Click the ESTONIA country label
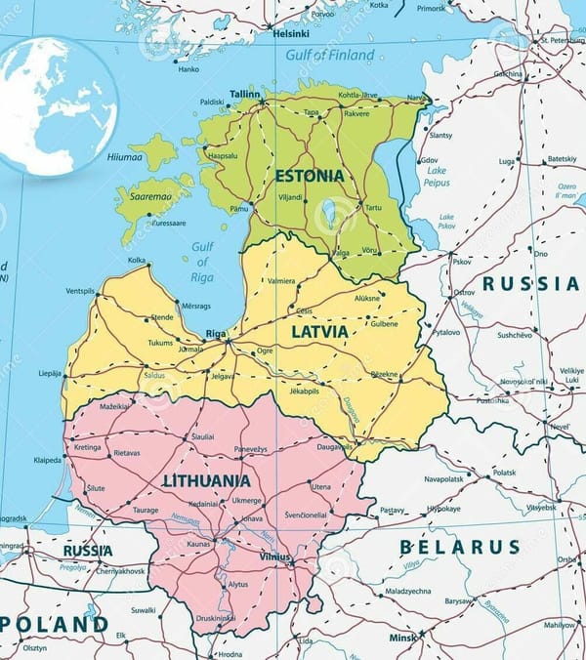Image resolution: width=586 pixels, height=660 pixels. point(310,177)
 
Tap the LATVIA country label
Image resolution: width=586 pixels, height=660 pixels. point(319,331)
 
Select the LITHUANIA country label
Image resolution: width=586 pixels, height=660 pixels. point(206,481)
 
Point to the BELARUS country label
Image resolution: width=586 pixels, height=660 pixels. point(459,547)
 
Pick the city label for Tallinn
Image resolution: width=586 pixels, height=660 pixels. point(245,94)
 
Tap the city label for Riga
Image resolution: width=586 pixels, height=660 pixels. point(216,334)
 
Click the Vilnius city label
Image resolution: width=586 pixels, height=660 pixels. point(275,557)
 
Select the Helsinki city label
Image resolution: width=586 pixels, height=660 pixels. point(291,32)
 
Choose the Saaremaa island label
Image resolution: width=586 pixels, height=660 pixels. point(146,195)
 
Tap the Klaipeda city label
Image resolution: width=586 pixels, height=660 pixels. point(47,459)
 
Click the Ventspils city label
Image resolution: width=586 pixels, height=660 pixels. point(81,291)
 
